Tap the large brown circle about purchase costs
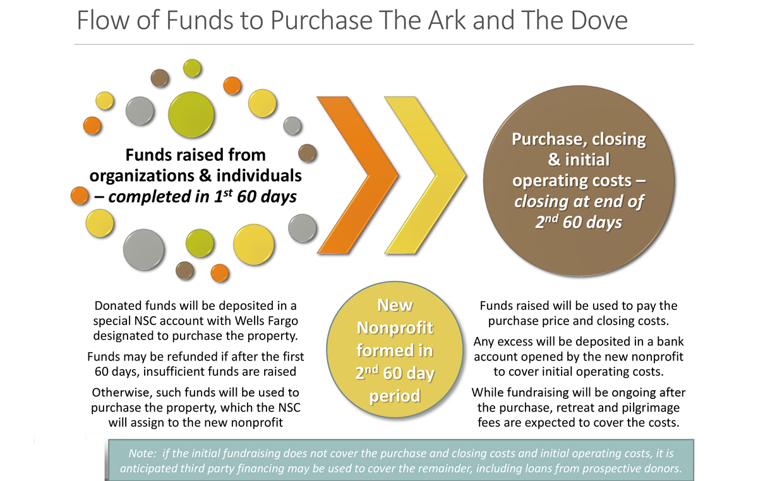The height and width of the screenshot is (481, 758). coord(579,181)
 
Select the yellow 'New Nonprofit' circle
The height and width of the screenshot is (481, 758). coord(395,350)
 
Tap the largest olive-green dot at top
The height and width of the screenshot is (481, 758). coord(191,115)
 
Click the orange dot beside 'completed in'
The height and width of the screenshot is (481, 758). coord(80,196)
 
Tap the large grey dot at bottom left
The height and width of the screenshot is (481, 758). coord(144,249)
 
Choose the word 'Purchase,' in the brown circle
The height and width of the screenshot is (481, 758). coord(549,140)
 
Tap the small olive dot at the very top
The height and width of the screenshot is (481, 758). coord(192,68)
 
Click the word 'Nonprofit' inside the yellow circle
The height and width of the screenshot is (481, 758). coord(395,328)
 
